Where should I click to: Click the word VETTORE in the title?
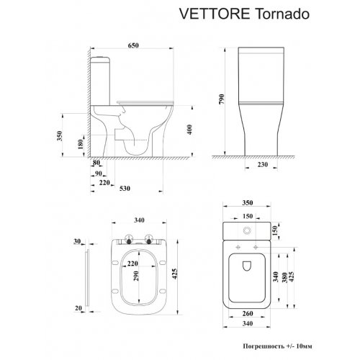[215, 14]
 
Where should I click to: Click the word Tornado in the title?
[282, 14]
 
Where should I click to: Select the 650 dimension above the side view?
[133, 45]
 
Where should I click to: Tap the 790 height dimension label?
[221, 99]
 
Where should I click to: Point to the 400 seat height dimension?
[189, 130]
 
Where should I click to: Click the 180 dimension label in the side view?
[81, 144]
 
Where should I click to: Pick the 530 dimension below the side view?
[125, 189]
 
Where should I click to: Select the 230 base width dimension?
[262, 165]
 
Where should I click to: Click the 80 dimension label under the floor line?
[96, 163]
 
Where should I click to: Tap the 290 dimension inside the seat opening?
[135, 276]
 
